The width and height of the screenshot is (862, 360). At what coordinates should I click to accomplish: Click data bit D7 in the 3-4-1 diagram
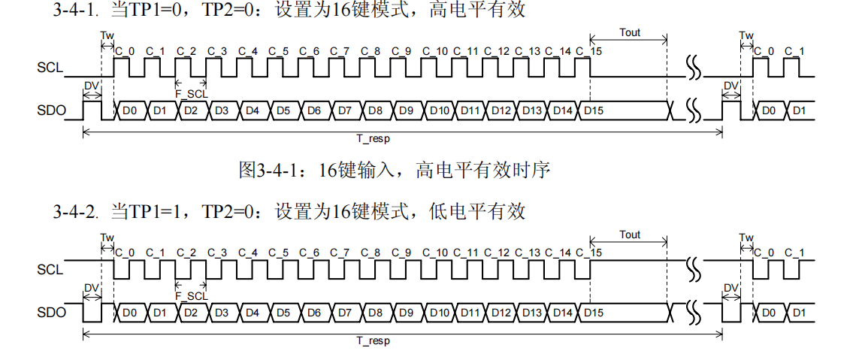click(x=345, y=111)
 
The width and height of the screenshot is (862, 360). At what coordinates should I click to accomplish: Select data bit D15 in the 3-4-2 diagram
click(x=594, y=312)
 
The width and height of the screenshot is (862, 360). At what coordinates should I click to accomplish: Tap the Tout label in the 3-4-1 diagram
click(x=631, y=33)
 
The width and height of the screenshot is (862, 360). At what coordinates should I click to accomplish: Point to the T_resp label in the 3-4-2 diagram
click(x=373, y=340)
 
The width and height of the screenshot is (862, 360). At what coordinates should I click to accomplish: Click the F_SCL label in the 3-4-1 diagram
click(x=191, y=94)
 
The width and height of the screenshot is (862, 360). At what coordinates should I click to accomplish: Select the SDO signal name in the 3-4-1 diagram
click(x=50, y=111)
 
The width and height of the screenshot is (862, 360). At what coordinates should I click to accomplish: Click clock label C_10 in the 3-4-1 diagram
click(x=435, y=51)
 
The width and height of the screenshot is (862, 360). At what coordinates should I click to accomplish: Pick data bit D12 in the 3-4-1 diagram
click(x=501, y=111)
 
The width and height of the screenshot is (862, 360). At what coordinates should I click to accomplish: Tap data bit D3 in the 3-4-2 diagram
click(x=222, y=312)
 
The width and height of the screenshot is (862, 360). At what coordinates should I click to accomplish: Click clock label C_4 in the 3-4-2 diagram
click(x=249, y=252)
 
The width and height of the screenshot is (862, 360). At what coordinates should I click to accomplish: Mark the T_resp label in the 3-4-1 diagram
click(x=373, y=139)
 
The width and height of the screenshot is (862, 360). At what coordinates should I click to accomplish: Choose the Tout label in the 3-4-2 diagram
click(x=631, y=234)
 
